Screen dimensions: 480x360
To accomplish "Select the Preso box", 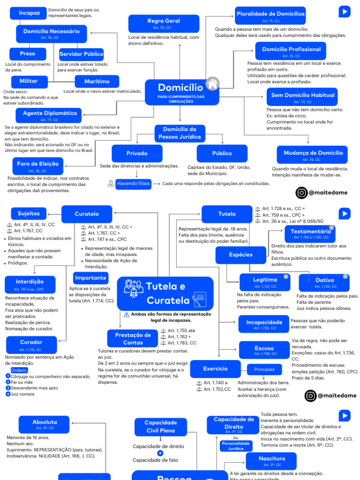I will pos(28,54).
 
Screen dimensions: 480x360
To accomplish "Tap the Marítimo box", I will pos(97,81).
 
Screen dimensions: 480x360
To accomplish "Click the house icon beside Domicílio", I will pos(212,84).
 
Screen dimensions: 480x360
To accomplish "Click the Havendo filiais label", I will pos(133,183).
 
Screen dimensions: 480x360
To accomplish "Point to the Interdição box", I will pos(30,284).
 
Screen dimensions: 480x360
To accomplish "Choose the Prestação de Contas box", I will pos(133,338).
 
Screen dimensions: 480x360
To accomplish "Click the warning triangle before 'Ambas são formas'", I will pos(127,315).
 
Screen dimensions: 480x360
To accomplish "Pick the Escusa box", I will pos(264,350).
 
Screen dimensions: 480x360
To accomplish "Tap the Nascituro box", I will pos(271,461).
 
